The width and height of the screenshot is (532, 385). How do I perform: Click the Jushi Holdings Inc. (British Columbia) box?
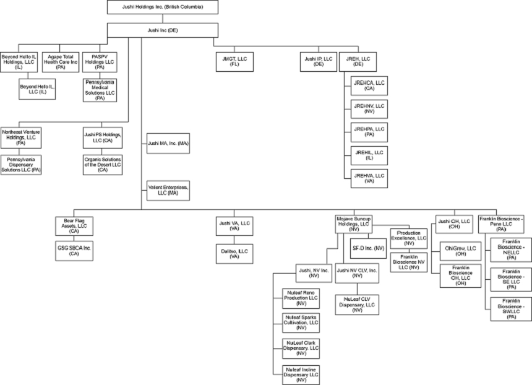(x=162, y=7)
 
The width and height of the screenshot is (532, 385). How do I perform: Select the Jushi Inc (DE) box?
(x=162, y=30)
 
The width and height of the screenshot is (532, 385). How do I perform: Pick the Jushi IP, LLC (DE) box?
(x=318, y=61)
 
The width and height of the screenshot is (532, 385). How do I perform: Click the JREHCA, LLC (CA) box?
(x=369, y=85)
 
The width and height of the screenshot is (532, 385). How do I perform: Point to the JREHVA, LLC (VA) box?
(x=369, y=179)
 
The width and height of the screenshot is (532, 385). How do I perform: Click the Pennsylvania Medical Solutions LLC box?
(x=100, y=90)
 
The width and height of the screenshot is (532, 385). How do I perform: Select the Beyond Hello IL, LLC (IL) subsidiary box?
(x=38, y=90)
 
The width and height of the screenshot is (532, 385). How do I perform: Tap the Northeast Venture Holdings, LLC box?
(x=20, y=137)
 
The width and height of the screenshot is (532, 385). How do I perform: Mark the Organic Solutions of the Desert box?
(x=102, y=164)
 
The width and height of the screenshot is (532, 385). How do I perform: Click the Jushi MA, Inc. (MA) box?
(x=168, y=143)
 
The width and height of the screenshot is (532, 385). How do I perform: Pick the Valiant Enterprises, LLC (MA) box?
(x=168, y=189)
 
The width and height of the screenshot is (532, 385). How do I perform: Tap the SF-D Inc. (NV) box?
(x=368, y=248)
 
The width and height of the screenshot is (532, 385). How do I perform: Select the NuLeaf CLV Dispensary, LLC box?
(x=357, y=305)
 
